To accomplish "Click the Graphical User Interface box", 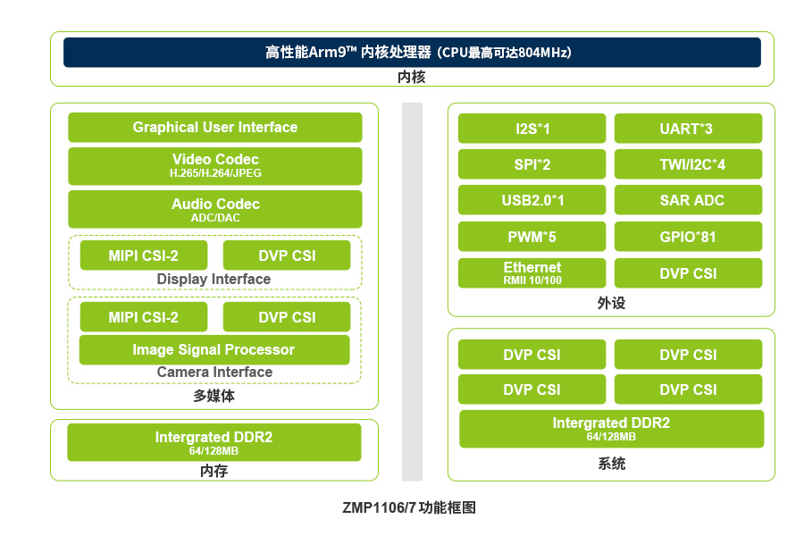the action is (214, 127).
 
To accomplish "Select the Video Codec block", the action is (214, 165).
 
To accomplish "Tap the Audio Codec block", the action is (214, 209).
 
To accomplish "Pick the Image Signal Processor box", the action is (214, 350).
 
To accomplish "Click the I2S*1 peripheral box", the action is (532, 129).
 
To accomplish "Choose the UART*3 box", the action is (688, 129).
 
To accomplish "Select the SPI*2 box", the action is (532, 164).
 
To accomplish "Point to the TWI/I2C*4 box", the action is (688, 164).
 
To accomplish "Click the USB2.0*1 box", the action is (532, 200).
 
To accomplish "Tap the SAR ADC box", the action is (688, 200).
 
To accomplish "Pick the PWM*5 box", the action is (532, 237).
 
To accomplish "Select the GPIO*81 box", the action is (688, 237).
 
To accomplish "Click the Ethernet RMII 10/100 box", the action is (532, 272).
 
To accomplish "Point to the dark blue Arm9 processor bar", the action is (412, 53).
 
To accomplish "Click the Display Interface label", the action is (214, 279).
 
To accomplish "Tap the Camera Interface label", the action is (214, 372).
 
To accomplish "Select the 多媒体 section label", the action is (214, 396).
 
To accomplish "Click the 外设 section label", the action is (611, 303).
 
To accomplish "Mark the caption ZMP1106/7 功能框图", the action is (409, 507).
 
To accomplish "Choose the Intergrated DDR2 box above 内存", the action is (214, 442).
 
